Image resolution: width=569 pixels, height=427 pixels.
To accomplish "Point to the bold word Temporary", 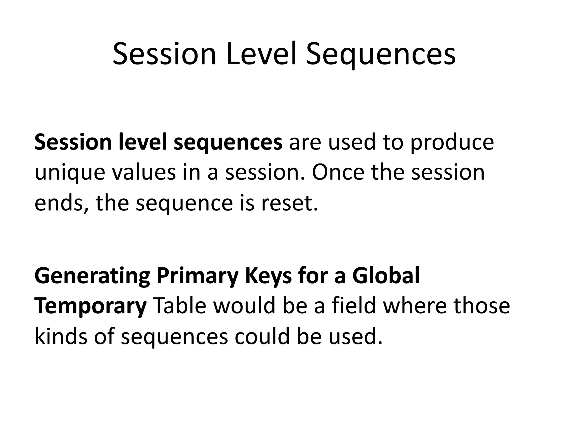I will (x=91, y=306).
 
